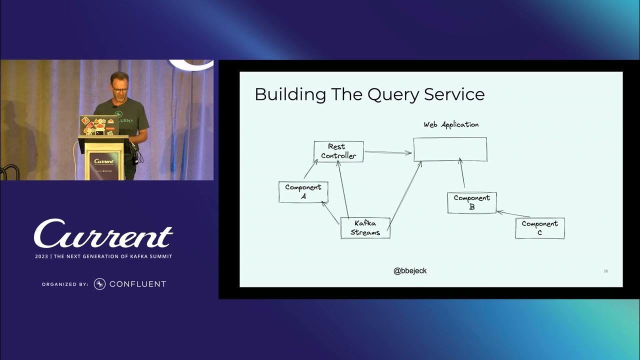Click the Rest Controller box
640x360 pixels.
point(338,151)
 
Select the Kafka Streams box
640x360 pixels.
point(365,228)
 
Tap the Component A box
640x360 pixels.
point(303,192)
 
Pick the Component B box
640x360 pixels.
point(471,202)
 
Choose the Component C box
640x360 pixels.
point(539,228)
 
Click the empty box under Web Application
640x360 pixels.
point(450,149)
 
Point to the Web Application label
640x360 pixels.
point(451,124)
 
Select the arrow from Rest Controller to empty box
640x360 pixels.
point(388,152)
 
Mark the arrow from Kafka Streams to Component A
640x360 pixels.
point(331,212)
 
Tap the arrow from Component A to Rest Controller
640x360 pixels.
point(310,169)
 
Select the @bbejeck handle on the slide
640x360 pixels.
point(410,270)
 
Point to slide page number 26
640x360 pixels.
point(606,271)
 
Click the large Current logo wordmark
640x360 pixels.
point(103,234)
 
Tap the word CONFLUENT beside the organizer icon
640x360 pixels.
point(137,284)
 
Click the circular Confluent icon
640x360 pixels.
point(99,284)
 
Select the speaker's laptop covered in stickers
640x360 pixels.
point(97,125)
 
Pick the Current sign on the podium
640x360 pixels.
point(104,161)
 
